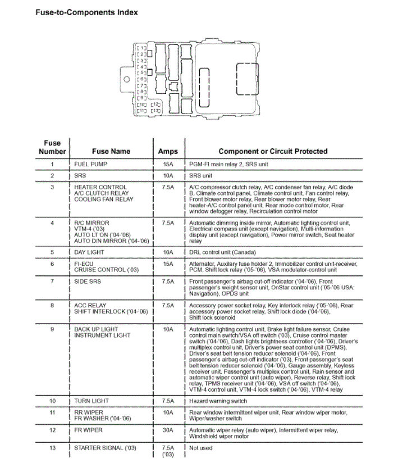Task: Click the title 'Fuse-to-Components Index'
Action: pyautogui.click(x=86, y=12)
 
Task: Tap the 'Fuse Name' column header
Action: pyautogui.click(x=111, y=151)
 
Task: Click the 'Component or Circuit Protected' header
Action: pyautogui.click(x=273, y=151)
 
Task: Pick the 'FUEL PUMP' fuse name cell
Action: pyautogui.click(x=91, y=164)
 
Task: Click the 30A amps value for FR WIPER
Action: pyautogui.click(x=167, y=430)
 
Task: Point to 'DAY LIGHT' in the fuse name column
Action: pyautogui.click(x=90, y=252)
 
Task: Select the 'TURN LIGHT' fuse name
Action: pyautogui.click(x=92, y=401)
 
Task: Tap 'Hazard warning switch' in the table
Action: pyautogui.click(x=218, y=401)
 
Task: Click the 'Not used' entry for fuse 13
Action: pyautogui.click(x=200, y=448)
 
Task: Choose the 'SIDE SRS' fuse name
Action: pyautogui.click(x=88, y=280)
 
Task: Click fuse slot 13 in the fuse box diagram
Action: pyautogui.click(x=155, y=111)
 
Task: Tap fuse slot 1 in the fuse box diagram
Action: pyautogui.click(x=141, y=48)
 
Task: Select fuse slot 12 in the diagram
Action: pyautogui.click(x=155, y=105)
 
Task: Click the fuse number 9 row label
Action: pyautogui.click(x=52, y=329)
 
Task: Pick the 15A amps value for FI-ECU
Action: pyautogui.click(x=167, y=264)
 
